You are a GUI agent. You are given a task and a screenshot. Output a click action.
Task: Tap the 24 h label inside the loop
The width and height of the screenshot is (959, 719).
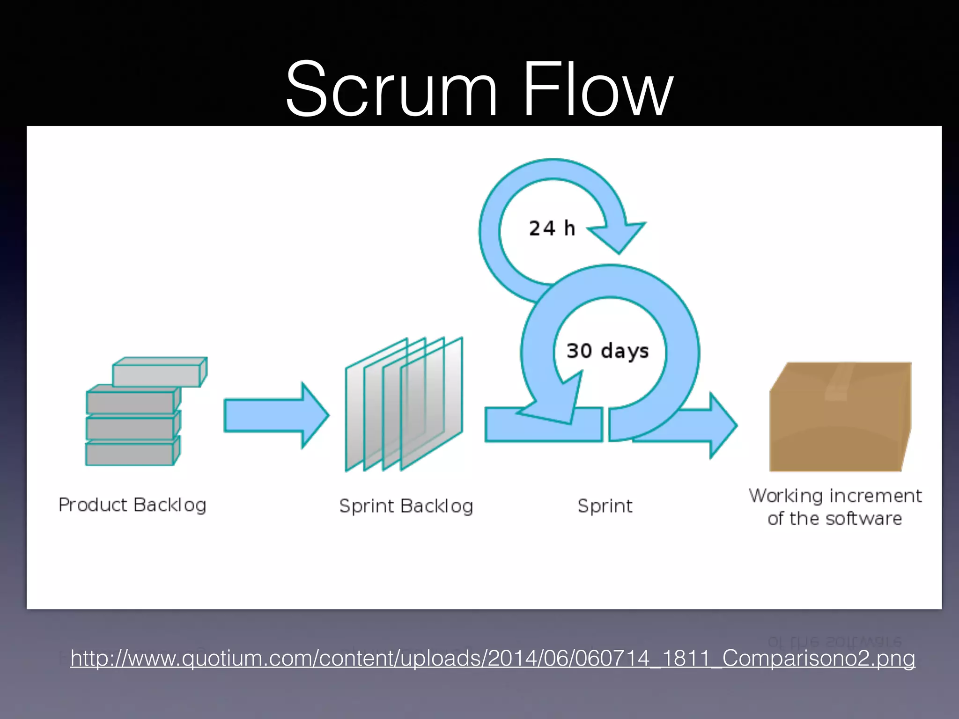(552, 228)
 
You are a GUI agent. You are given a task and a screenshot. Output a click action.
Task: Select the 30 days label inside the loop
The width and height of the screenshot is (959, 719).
(607, 351)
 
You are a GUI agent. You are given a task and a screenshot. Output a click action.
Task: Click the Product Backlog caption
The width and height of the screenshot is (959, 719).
(133, 505)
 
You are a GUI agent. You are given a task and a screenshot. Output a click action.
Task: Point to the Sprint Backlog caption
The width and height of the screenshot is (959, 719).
(406, 506)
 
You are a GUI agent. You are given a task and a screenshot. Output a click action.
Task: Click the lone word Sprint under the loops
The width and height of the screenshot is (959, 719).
(605, 506)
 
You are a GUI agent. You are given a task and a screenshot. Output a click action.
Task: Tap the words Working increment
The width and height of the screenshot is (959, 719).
(835, 496)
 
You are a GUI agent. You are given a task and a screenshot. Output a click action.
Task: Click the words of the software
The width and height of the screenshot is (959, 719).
(834, 519)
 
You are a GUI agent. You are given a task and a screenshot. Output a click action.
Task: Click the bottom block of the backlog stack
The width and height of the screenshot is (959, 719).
(130, 453)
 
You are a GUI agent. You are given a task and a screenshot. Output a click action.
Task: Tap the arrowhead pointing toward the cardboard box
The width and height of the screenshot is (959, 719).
(721, 426)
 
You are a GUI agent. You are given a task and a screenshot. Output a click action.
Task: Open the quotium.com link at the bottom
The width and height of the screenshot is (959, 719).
(492, 658)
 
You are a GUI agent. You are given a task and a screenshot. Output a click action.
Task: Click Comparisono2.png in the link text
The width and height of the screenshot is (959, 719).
(818, 658)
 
